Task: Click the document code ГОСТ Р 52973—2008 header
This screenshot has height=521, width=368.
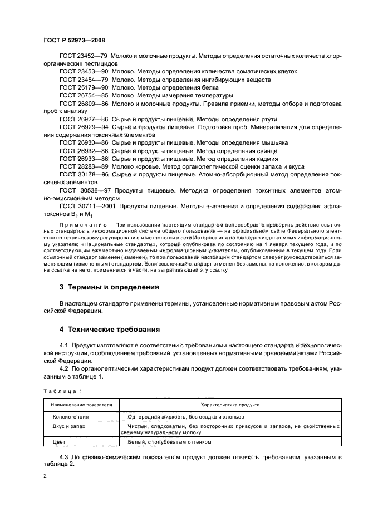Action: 73,41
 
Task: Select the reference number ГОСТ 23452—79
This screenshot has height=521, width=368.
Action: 84,56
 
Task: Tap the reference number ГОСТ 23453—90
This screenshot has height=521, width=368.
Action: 84,72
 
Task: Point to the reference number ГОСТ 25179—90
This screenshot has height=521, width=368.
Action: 84,87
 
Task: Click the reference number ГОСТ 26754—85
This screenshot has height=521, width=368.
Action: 84,95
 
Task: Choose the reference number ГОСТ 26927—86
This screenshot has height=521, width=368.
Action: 84,119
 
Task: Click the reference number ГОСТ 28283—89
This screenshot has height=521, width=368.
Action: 84,166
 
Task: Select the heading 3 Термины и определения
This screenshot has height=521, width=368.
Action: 109,287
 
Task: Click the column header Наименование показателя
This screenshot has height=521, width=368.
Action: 82,405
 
